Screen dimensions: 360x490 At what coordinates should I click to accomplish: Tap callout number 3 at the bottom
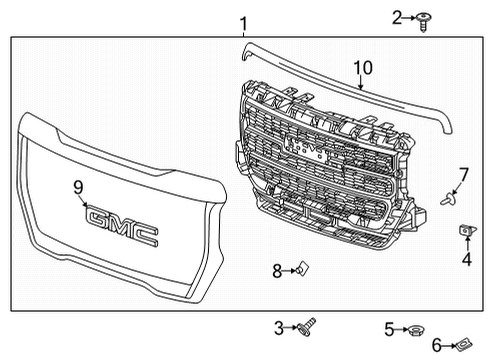click(280, 327)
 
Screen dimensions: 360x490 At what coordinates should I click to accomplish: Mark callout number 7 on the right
click(463, 174)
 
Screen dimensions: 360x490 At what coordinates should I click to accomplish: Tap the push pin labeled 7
click(449, 198)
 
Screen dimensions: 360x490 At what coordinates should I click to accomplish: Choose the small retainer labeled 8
click(301, 268)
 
